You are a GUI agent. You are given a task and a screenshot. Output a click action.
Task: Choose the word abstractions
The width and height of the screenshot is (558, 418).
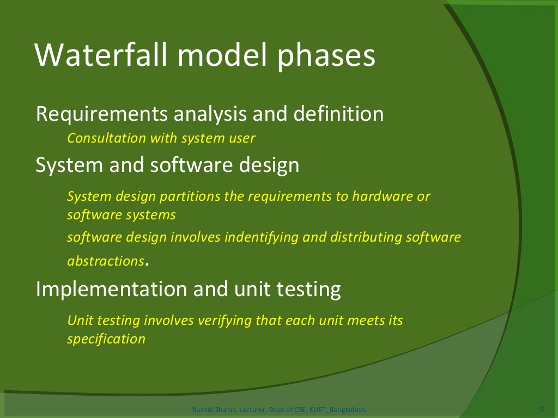[105, 261]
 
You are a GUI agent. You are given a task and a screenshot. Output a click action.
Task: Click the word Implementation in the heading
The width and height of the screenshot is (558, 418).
[107, 290]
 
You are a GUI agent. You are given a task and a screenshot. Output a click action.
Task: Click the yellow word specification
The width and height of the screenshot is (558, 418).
[106, 340]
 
